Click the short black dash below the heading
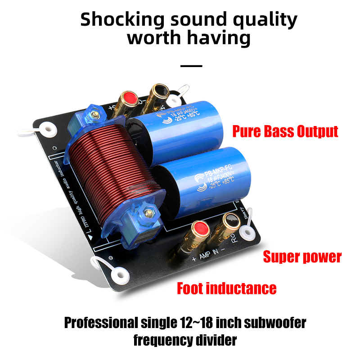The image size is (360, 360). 191,66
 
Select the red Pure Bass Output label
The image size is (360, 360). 285,131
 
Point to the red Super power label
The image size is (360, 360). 302,257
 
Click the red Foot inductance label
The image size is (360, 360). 226,288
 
